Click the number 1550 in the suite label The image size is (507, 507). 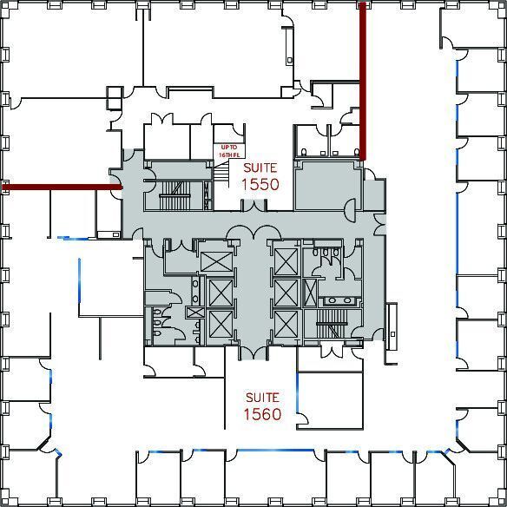[260, 184]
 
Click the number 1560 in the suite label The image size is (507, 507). [261, 414]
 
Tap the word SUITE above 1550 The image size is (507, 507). [260, 166]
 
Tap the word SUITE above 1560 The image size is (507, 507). [261, 396]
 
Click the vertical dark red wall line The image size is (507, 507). [362, 78]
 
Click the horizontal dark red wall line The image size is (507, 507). [61, 186]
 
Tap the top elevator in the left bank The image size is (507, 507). [216, 260]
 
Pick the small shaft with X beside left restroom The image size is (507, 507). [194, 313]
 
